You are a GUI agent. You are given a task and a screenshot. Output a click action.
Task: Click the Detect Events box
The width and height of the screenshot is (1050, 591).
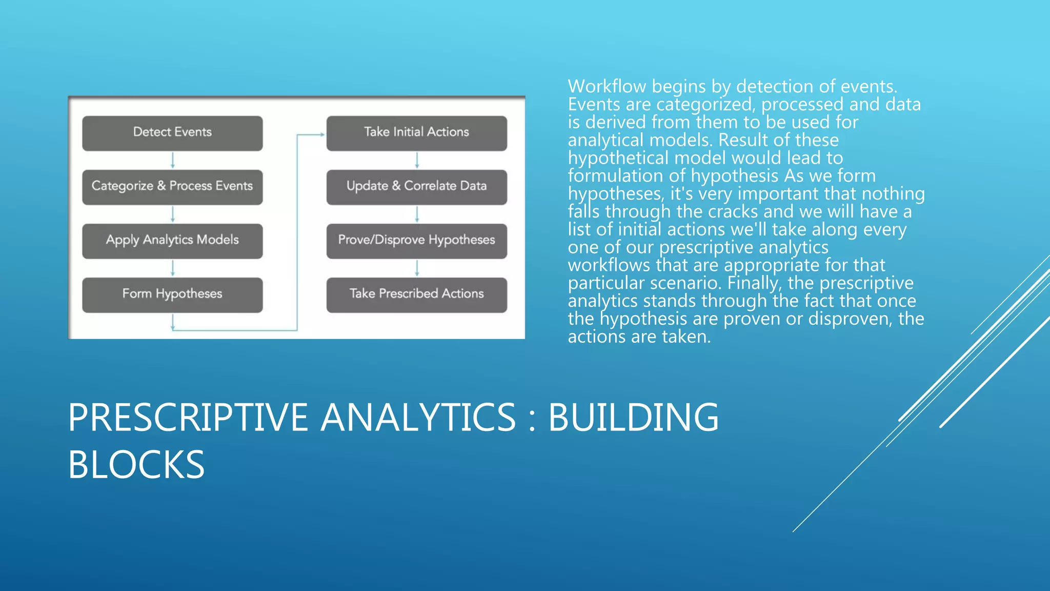(x=172, y=133)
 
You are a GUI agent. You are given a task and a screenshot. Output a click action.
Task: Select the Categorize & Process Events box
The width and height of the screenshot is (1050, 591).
(x=172, y=187)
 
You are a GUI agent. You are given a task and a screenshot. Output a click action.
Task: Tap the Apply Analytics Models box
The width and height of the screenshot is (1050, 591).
(x=172, y=241)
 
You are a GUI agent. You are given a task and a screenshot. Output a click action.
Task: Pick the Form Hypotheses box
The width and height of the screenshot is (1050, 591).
(x=172, y=294)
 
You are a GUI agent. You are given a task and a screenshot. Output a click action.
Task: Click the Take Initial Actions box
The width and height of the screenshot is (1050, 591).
(x=416, y=133)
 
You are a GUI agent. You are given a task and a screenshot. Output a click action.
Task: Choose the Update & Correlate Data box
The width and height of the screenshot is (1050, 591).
(x=416, y=187)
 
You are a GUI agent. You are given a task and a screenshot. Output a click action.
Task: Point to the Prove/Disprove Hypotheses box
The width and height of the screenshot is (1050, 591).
(x=416, y=241)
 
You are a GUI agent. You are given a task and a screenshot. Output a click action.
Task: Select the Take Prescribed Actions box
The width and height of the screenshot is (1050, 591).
(x=416, y=294)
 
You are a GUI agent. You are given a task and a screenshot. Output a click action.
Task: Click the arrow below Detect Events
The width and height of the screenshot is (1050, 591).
(x=173, y=160)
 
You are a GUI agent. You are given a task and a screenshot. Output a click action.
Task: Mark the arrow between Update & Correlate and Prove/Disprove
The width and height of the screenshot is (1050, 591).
(x=417, y=214)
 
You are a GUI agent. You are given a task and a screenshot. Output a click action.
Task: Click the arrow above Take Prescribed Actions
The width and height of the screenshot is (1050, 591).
(x=417, y=268)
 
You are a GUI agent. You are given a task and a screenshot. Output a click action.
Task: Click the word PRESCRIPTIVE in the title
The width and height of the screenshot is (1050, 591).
(x=188, y=418)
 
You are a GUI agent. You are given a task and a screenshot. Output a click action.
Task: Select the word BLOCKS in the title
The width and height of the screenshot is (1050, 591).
(x=136, y=465)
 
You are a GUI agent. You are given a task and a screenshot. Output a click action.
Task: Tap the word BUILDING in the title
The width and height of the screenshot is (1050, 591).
(x=633, y=418)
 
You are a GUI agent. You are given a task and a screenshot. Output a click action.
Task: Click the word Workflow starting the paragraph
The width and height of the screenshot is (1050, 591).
(x=607, y=87)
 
